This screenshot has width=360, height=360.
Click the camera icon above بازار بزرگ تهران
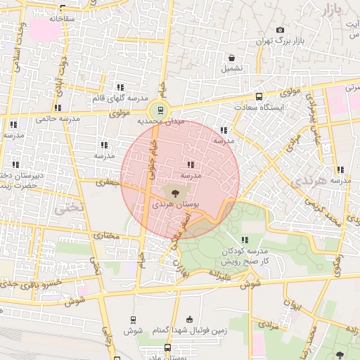(281, 30)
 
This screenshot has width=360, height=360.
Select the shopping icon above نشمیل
(231, 58)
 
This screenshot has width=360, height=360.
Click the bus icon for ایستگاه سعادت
(259, 96)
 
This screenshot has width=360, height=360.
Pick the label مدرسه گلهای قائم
(120, 98)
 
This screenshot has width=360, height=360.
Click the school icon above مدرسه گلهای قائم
(120, 87)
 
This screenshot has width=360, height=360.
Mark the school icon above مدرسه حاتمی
(58, 108)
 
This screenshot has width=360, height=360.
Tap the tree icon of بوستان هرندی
(174, 191)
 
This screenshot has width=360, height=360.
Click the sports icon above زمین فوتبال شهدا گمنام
(188, 319)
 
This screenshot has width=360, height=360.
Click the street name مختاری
(104, 236)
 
